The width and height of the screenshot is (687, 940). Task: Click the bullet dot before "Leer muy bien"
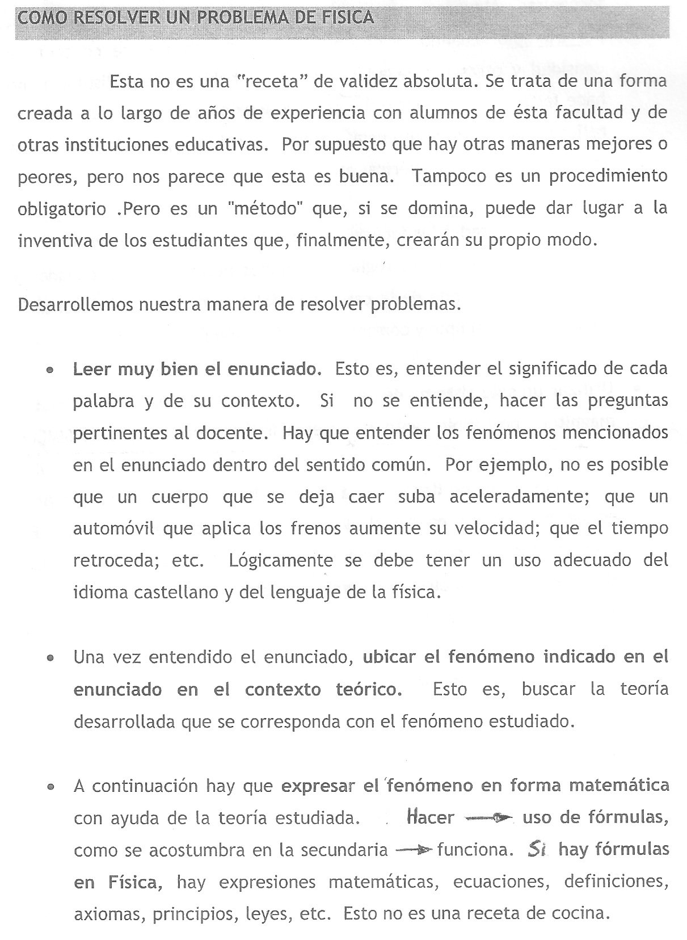click(51, 370)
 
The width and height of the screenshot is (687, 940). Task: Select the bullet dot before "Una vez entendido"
click(51, 660)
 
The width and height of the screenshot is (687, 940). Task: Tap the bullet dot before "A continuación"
click(51, 788)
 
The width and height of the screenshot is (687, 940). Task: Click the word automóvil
click(114, 529)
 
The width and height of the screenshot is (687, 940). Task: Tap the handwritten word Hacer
click(431, 818)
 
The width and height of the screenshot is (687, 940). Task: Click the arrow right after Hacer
click(488, 818)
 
